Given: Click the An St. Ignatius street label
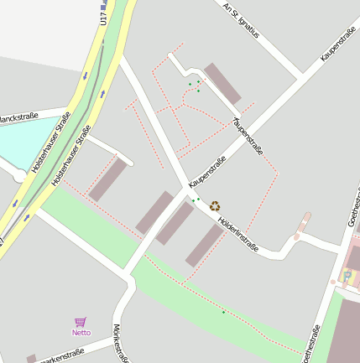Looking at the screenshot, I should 242,19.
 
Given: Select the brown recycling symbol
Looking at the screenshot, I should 215,205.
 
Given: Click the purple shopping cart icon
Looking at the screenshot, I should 81,322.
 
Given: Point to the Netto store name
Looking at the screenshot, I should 81,333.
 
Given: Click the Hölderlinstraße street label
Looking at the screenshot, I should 237,235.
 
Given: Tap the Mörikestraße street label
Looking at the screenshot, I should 121,343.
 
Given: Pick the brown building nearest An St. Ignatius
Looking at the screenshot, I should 222,84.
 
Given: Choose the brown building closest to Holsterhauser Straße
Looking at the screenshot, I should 107,180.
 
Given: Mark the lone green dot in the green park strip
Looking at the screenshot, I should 223,312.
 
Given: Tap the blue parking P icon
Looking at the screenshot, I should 347,275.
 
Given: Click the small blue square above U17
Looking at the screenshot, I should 104,4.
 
